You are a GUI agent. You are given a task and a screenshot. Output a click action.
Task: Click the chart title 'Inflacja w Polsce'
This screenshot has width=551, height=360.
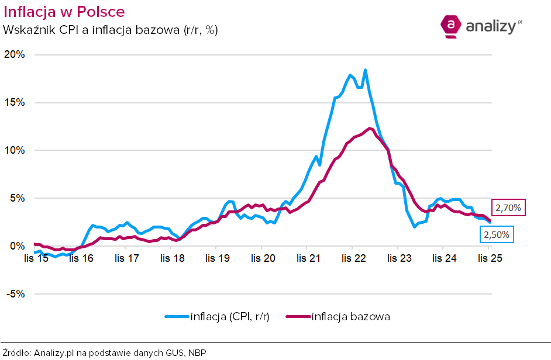(64, 12)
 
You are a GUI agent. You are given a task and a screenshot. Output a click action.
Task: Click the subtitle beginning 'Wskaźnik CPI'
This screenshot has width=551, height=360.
(111, 30)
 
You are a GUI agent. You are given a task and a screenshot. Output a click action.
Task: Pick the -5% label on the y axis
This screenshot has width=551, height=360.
(15, 294)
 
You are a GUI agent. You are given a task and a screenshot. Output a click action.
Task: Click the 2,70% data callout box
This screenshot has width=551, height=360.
(508, 207)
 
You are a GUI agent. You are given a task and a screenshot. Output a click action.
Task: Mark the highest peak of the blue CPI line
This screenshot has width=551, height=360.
(365, 70)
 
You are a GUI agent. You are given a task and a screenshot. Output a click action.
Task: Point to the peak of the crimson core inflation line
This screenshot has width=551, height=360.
(370, 128)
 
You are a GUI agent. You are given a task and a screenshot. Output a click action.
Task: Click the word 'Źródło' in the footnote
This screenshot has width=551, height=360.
(16, 352)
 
